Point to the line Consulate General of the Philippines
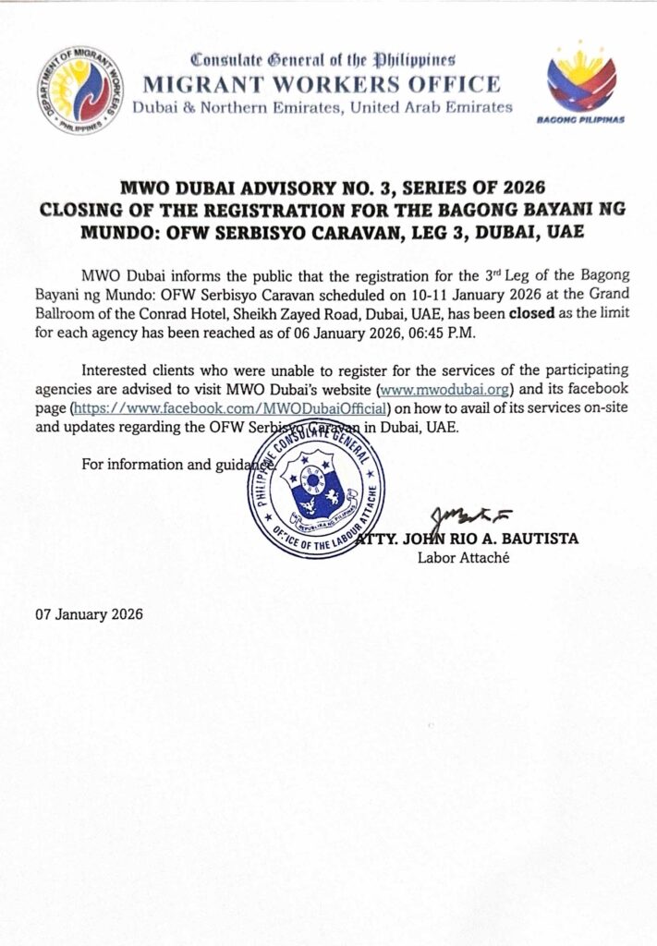tap(322, 61)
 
